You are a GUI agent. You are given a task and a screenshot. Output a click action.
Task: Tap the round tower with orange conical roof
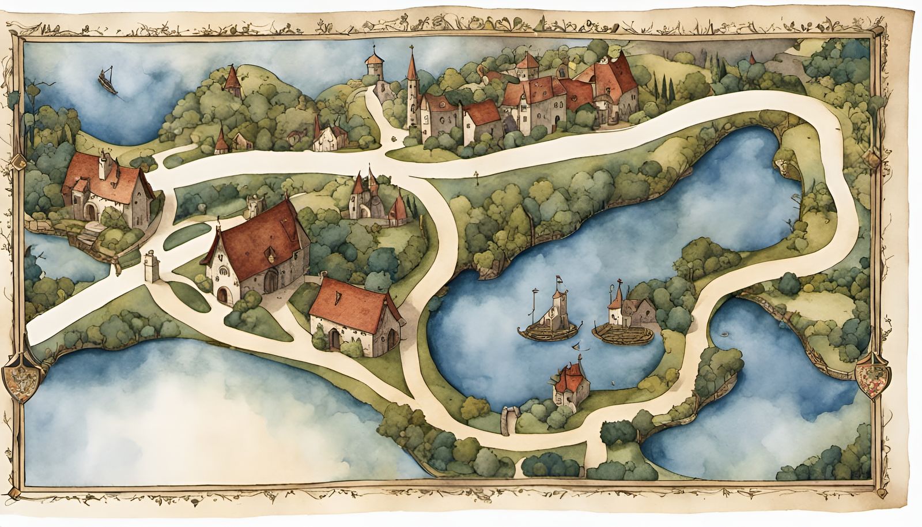[375, 67]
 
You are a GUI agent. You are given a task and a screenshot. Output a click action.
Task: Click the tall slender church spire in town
[411, 86]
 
